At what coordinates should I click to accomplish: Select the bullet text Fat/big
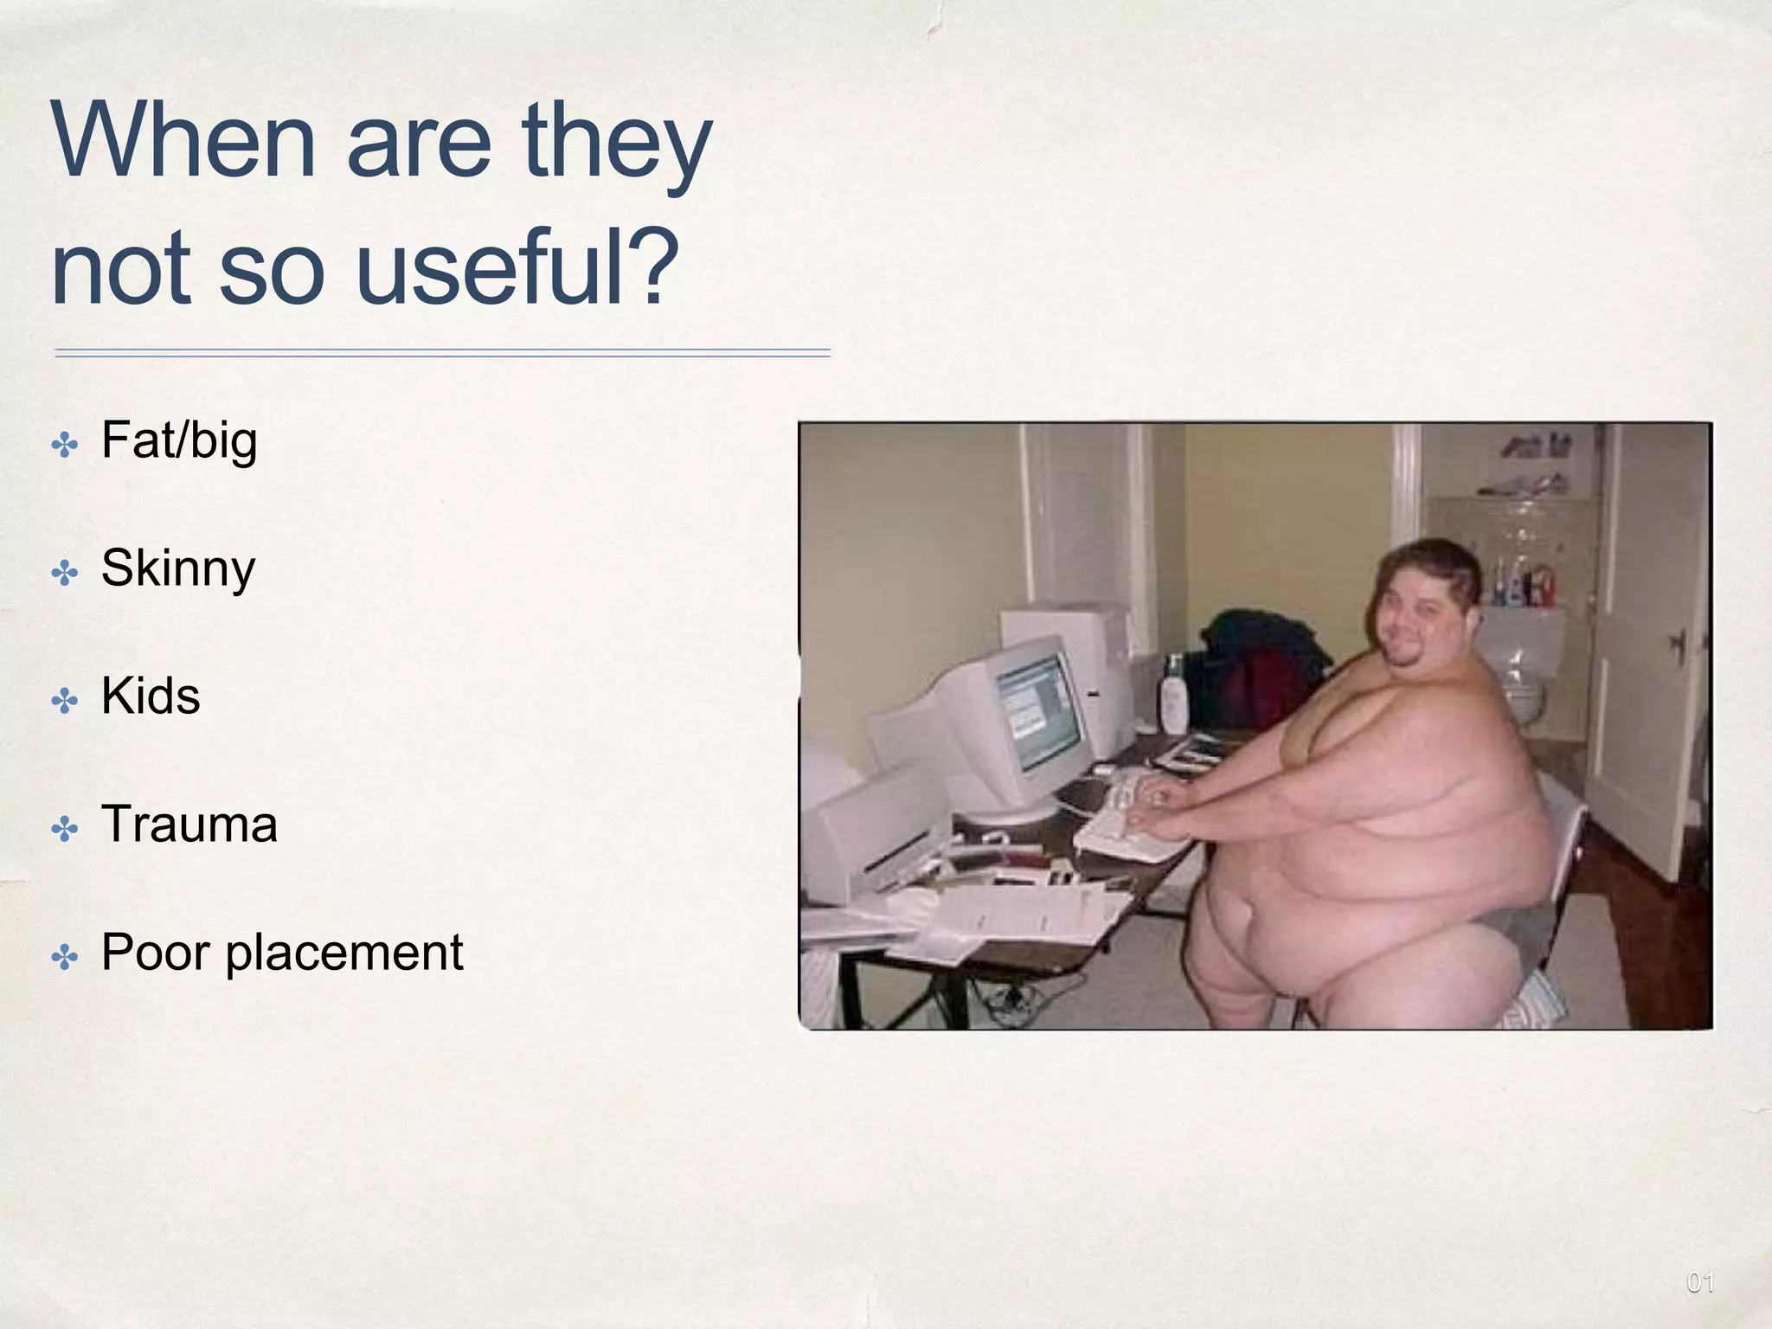point(179,441)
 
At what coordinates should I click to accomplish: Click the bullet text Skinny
point(178,569)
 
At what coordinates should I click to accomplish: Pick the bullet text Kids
point(151,697)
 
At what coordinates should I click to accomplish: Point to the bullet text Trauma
point(189,825)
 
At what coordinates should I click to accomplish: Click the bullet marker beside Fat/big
point(65,446)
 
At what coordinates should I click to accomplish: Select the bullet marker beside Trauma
point(65,831)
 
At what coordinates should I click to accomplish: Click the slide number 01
point(1699,1282)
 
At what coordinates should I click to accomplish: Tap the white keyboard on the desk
point(1125,818)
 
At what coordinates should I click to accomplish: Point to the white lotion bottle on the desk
point(1173,694)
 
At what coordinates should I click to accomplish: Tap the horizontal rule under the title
point(442,353)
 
